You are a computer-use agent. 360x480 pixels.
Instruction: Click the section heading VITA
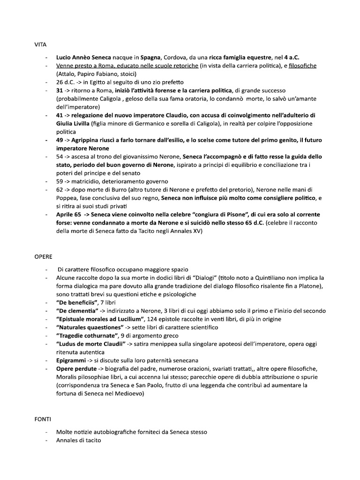[40, 45]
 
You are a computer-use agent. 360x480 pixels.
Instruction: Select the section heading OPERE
[43, 257]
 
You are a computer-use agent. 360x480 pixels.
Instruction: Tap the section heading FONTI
[43, 419]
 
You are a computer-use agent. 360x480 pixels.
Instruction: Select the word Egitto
[96, 82]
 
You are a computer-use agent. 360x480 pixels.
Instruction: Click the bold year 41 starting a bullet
[60, 115]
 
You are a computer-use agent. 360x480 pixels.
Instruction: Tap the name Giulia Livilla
[74, 124]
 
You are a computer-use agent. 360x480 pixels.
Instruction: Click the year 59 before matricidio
[60, 181]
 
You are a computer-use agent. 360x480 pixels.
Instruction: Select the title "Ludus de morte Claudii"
[91, 344]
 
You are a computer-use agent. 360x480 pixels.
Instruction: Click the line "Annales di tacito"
[78, 440]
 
